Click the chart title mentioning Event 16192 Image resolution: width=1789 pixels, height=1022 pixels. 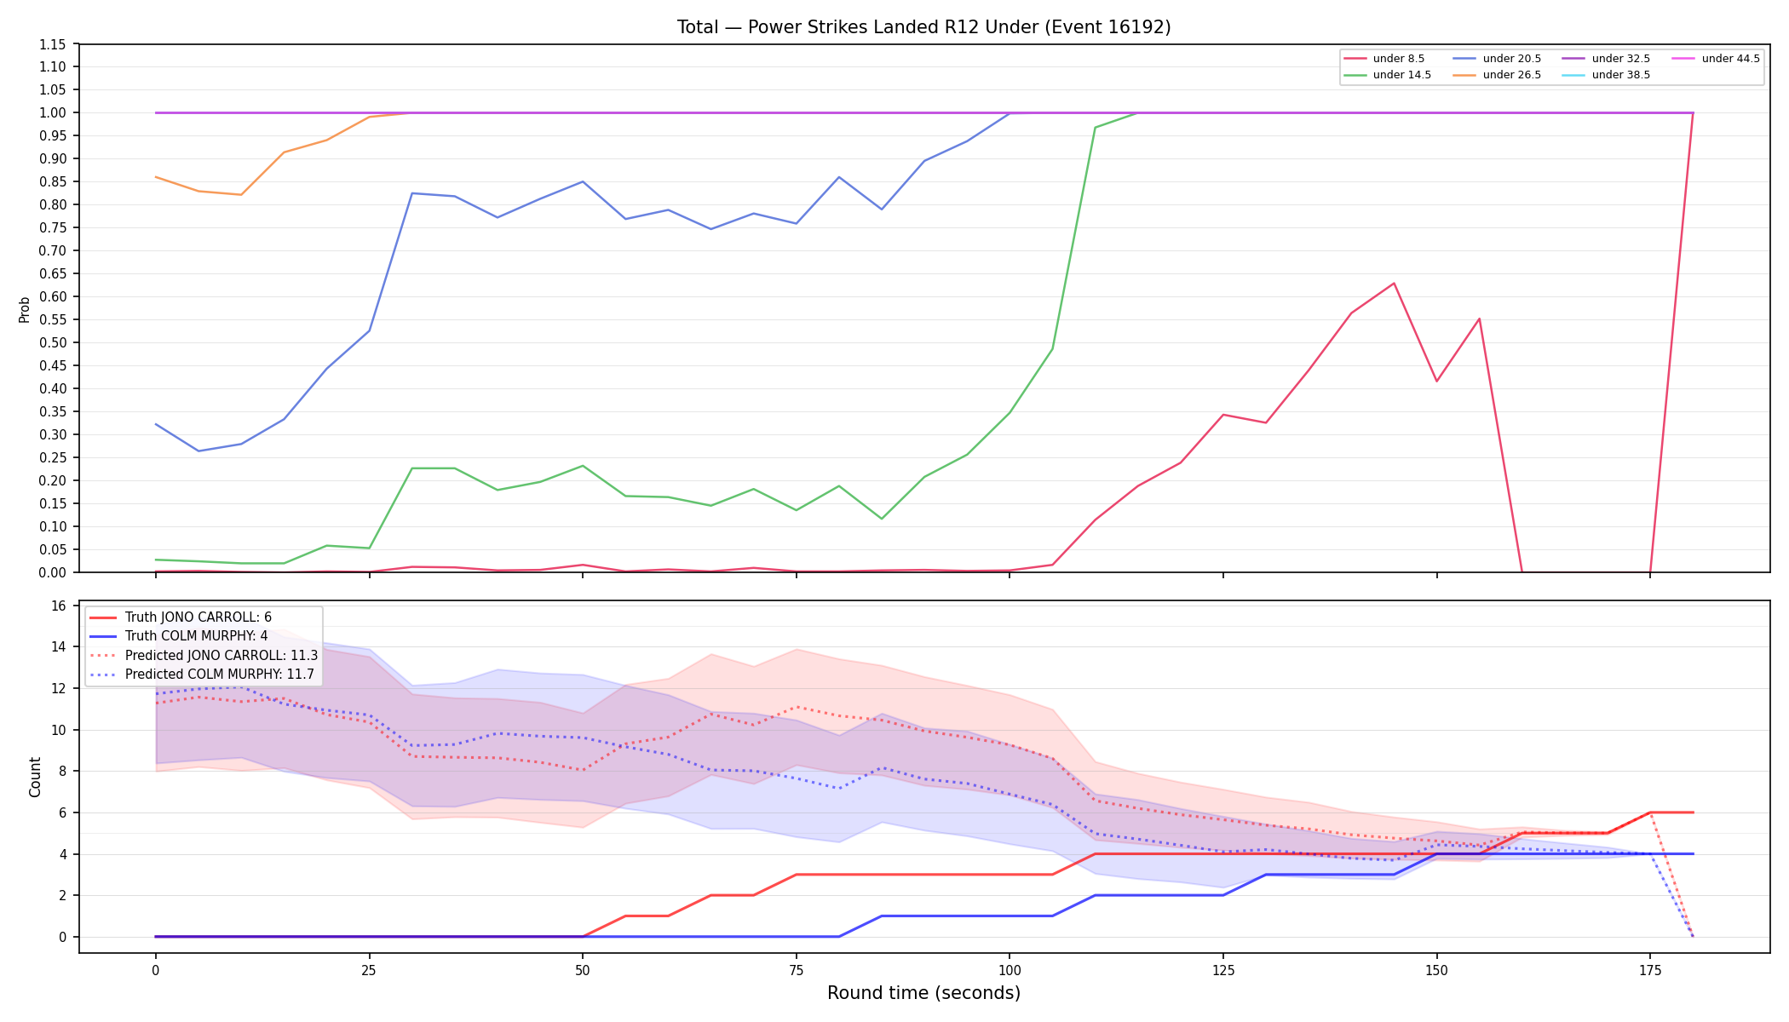click(x=923, y=27)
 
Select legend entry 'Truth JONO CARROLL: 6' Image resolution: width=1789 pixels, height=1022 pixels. click(x=181, y=617)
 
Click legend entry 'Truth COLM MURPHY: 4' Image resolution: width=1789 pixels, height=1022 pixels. click(x=179, y=636)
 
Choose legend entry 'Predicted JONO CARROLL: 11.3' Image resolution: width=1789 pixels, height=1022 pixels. click(x=204, y=656)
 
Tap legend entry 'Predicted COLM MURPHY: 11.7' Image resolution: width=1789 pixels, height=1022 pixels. click(x=202, y=675)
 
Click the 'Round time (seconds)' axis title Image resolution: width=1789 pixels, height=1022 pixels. click(x=923, y=993)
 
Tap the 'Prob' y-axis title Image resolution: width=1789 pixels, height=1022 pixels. click(x=25, y=309)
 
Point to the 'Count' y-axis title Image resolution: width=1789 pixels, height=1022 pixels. click(x=35, y=777)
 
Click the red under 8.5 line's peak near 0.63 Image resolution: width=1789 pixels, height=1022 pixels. click(x=1394, y=283)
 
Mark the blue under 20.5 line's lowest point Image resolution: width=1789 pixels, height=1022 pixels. click(x=198, y=451)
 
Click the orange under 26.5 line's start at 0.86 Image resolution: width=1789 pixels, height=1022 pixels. click(x=156, y=177)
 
